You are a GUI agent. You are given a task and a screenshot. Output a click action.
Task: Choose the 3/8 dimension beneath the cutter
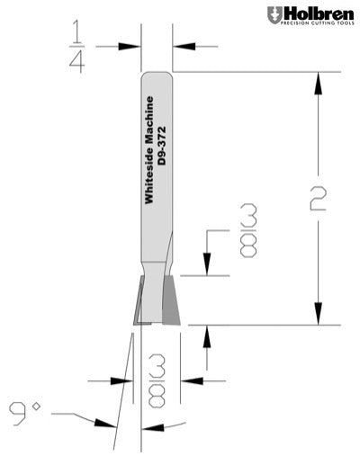[157, 386]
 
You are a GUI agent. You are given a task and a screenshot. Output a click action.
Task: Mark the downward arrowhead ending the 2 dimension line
[317, 316]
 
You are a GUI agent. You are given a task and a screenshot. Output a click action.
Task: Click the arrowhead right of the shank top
[179, 45]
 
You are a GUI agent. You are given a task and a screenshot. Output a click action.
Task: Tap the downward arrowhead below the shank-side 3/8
[208, 269]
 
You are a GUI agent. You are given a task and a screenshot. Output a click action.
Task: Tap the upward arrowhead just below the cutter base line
[208, 335]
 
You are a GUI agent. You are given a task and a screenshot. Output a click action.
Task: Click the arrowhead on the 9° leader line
[98, 423]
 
